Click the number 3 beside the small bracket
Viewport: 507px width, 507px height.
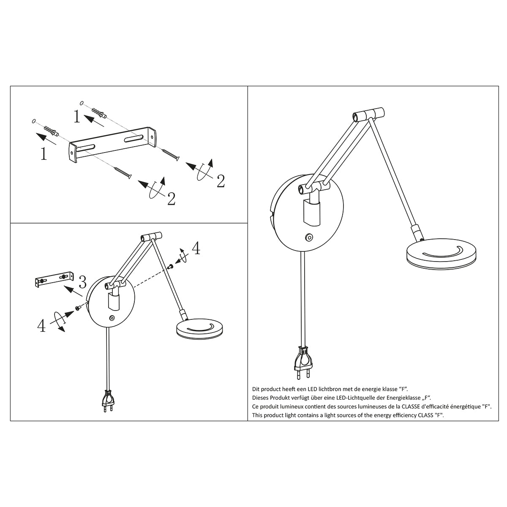click(82, 281)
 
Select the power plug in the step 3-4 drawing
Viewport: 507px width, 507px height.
click(108, 401)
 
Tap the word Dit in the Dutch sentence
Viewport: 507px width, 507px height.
click(256, 389)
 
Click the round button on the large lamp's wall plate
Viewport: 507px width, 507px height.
click(310, 237)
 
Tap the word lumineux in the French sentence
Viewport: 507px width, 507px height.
click(290, 406)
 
